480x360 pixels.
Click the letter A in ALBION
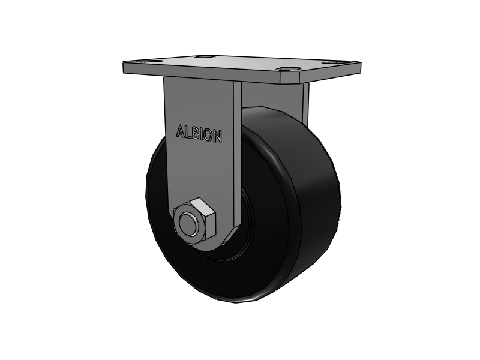pos(180,131)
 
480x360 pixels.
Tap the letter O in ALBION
pos(207,134)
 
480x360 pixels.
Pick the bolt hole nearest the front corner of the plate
pos(289,69)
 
